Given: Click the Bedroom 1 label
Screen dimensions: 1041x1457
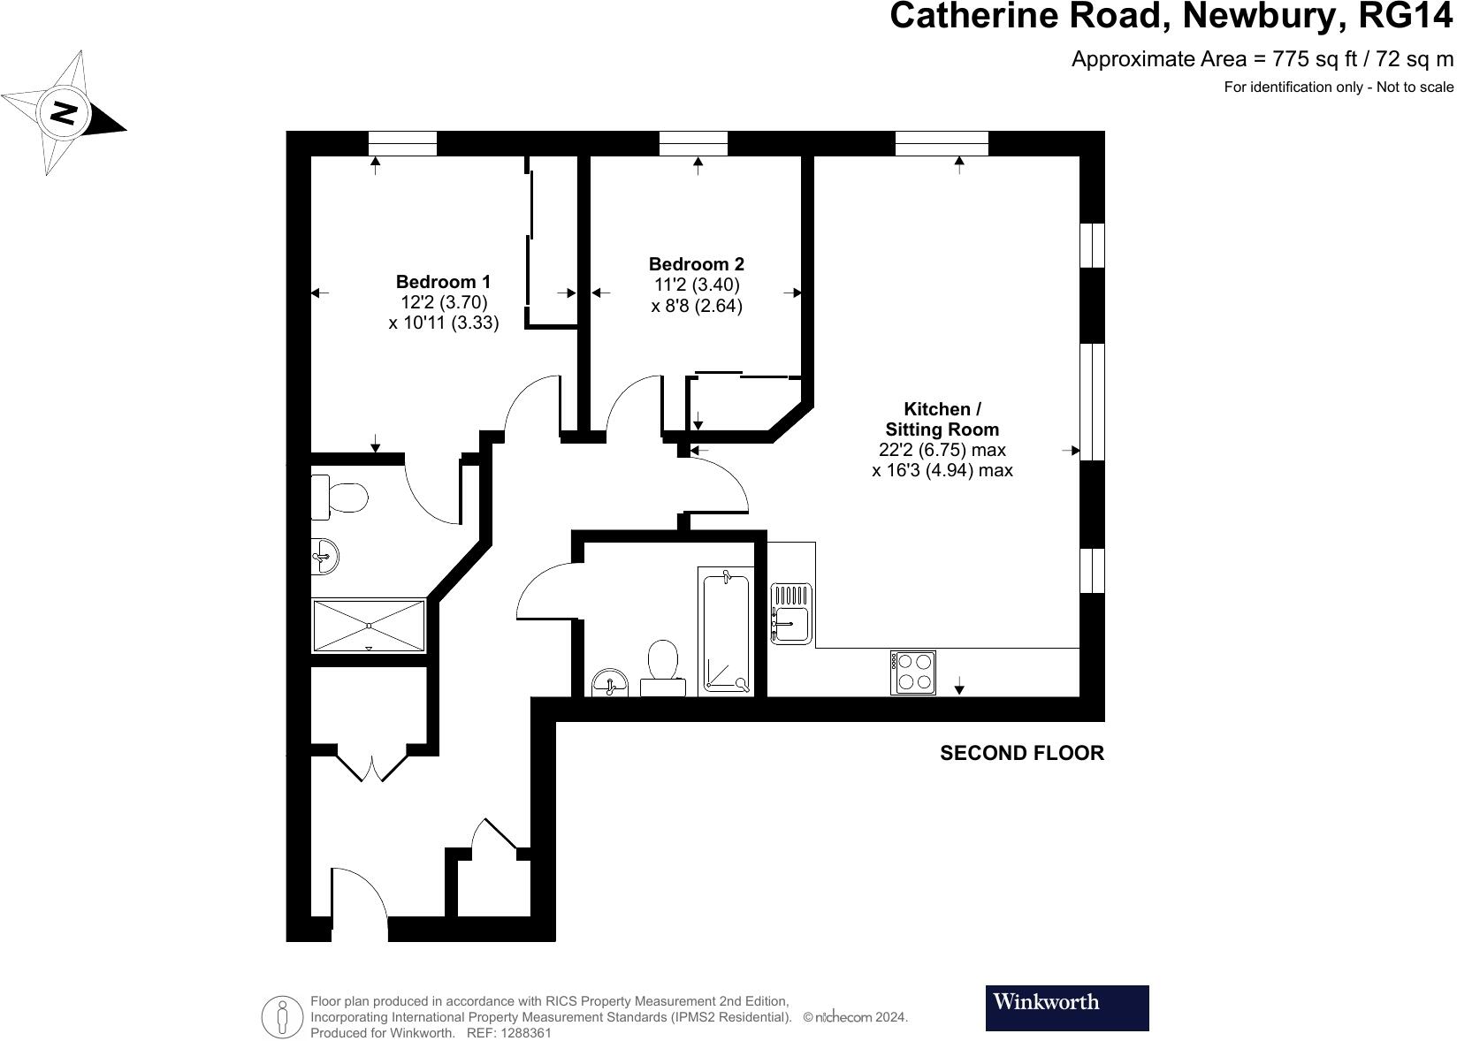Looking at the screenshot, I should coord(443,282).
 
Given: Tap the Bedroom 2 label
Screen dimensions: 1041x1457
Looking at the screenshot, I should coord(696,264).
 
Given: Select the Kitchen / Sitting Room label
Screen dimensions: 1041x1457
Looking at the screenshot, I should coord(942,419).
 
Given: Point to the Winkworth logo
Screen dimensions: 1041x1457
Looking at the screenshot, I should coord(1066,1007).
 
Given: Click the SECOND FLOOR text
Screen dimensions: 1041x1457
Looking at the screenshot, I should coord(1021,753).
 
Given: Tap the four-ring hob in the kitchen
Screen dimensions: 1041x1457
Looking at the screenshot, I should coord(913,672).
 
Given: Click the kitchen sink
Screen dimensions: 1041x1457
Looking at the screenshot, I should coord(791,613).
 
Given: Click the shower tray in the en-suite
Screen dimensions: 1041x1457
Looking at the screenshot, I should coord(369,626).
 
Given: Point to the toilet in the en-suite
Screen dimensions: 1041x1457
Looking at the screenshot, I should coord(340,498).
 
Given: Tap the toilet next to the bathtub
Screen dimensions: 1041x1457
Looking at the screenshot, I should coord(662,667).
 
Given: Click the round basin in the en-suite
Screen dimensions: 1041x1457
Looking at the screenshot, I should coord(324,557).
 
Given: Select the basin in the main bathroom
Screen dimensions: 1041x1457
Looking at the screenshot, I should coord(610,683).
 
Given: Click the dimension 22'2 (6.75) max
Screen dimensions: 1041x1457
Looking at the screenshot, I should coord(942,450).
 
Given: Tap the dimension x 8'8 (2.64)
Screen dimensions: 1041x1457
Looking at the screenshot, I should coord(696,306).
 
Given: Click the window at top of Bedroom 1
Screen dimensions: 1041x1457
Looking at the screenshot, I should coord(402,143).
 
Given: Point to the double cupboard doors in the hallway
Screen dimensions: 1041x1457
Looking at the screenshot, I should coord(372,765).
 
